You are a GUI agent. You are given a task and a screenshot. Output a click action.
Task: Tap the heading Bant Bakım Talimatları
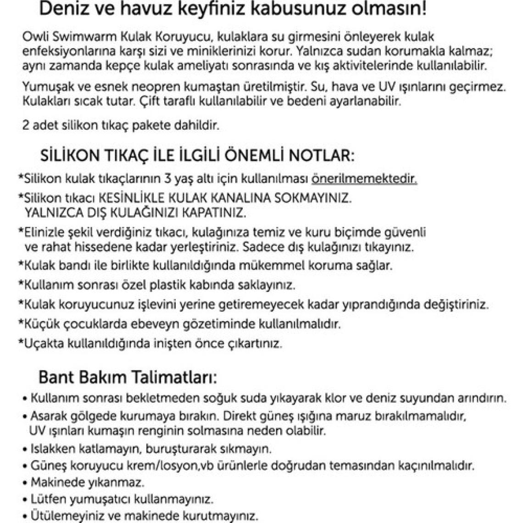coord(127,378)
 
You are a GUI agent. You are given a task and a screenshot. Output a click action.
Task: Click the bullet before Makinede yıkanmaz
coord(25,482)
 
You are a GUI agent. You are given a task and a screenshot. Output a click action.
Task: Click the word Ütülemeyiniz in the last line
coord(59,514)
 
